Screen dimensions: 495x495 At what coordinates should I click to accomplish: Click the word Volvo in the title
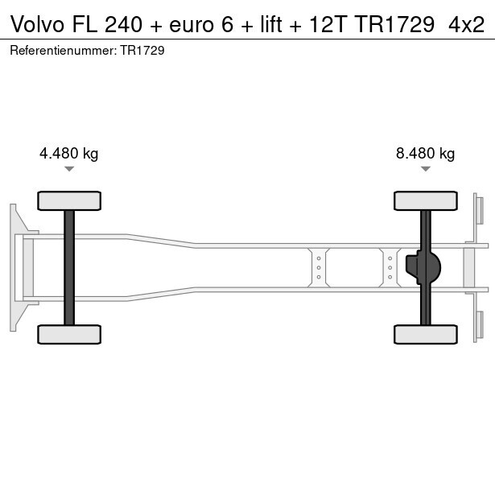click(x=37, y=24)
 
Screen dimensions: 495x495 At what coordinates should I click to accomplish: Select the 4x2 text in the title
click(x=466, y=24)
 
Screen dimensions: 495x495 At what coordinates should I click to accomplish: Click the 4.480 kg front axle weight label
click(x=69, y=154)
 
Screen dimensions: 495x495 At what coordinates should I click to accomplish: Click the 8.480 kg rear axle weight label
click(x=425, y=154)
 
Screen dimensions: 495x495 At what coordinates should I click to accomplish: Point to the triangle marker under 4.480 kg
click(x=69, y=169)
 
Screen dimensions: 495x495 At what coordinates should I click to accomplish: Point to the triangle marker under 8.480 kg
click(x=426, y=169)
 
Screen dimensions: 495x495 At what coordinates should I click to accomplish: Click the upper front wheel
click(x=69, y=200)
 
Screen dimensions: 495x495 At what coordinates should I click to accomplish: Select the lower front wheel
click(x=69, y=334)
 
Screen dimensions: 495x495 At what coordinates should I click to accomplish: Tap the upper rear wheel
click(x=426, y=200)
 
